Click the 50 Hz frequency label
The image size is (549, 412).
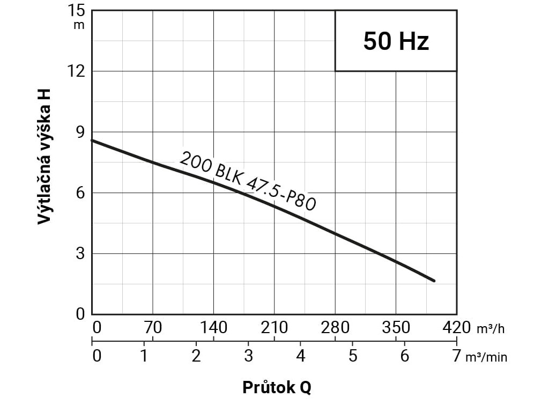[x=396, y=41]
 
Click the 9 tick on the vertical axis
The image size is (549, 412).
[x=80, y=132]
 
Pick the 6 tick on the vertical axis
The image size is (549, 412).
[x=80, y=193]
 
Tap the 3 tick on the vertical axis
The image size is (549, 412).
[x=80, y=253]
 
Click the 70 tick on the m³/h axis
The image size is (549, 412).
[x=153, y=327]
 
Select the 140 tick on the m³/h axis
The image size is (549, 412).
[x=213, y=327]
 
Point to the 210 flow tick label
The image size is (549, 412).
[x=274, y=327]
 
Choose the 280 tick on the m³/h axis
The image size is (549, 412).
[x=335, y=327]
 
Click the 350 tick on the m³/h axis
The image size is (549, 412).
[x=396, y=327]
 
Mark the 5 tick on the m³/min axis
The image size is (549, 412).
[x=352, y=356]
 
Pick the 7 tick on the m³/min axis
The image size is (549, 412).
[x=456, y=356]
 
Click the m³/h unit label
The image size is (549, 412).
[x=491, y=329]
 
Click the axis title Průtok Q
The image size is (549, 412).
[x=277, y=387]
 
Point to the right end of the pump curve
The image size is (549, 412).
[x=433, y=281]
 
